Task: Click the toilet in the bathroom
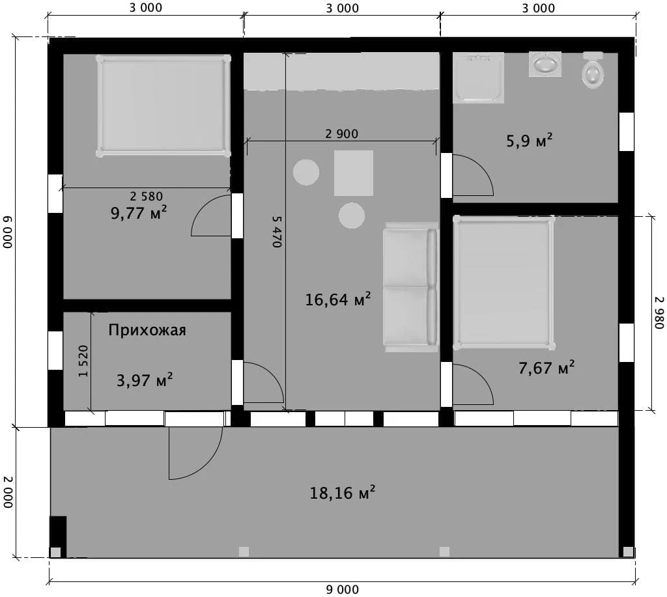[x=593, y=70]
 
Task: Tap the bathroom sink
[x=545, y=64]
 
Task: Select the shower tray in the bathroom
[x=478, y=78]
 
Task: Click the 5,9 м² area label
[x=529, y=141]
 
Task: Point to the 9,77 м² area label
[x=139, y=213]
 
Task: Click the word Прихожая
[x=147, y=330]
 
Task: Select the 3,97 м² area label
[x=145, y=380]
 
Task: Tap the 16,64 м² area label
[x=338, y=299]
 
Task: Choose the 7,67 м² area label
[x=546, y=368]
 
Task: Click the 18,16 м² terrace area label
[x=343, y=493]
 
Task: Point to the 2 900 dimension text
[x=341, y=134]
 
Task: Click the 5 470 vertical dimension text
[x=277, y=231]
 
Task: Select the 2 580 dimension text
[x=147, y=196]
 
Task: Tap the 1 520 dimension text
[x=83, y=361]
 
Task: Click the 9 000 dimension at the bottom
[x=343, y=590]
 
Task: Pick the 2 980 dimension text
[x=659, y=312]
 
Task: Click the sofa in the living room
[x=410, y=287]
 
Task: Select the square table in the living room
[x=354, y=173]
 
